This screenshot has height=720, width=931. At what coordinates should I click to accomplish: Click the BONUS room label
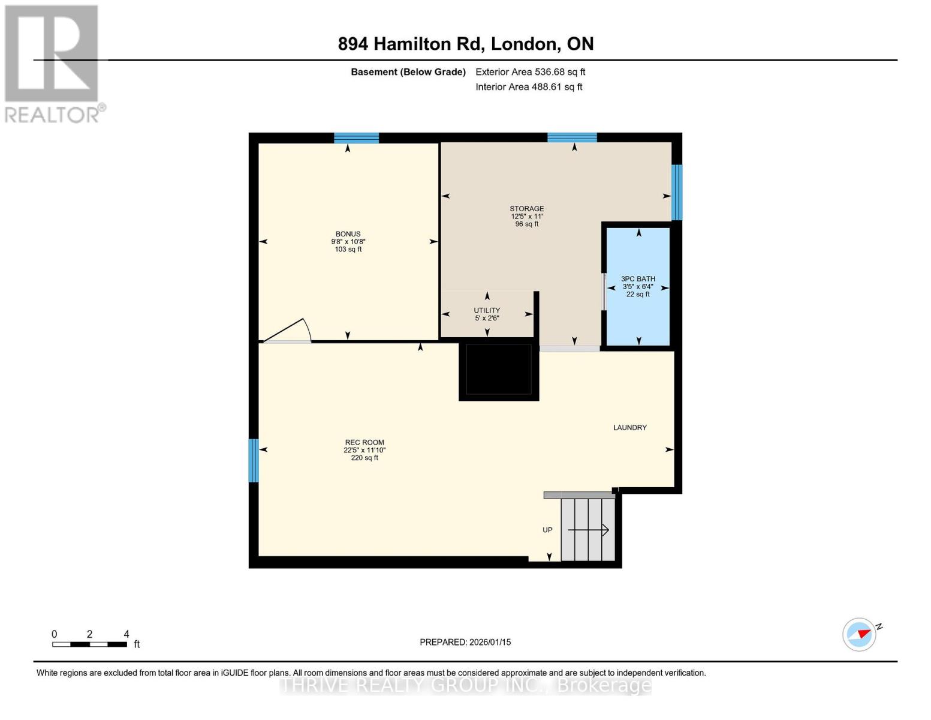tap(348, 234)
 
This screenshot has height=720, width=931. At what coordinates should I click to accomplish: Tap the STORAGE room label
tap(526, 209)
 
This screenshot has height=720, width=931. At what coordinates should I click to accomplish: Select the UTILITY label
tap(486, 311)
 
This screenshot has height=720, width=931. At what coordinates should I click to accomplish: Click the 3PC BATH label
tap(638, 279)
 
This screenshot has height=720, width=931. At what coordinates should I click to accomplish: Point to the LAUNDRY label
tap(629, 428)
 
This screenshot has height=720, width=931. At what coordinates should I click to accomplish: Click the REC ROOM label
tap(364, 443)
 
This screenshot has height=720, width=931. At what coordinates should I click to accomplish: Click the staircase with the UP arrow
tap(588, 530)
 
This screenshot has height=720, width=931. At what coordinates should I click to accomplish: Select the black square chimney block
tap(498, 370)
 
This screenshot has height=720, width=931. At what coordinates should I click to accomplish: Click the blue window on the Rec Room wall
tap(254, 460)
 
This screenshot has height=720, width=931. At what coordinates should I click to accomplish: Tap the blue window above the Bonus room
tap(356, 138)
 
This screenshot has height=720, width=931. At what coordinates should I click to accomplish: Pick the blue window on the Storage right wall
tap(676, 192)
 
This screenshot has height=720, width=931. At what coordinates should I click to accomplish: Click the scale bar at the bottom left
tap(89, 644)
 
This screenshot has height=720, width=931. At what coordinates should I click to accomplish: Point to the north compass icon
tap(859, 634)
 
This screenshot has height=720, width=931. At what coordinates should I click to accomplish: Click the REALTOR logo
tap(53, 63)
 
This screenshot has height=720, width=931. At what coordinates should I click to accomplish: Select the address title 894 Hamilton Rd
tap(465, 44)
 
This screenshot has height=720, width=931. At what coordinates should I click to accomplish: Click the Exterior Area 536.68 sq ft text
tap(530, 72)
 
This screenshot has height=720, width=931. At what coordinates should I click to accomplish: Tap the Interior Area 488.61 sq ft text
tap(529, 87)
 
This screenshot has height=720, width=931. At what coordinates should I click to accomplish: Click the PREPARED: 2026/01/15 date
tap(465, 642)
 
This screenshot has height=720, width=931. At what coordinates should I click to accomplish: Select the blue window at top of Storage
tap(572, 137)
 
